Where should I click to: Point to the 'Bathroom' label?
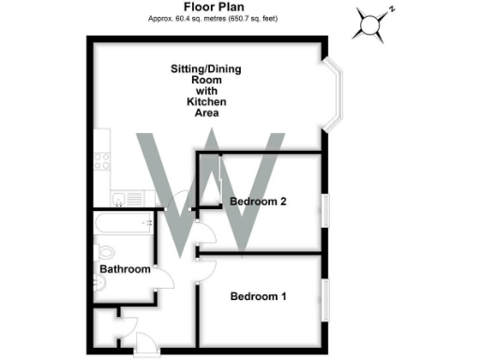(x=125, y=270)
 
